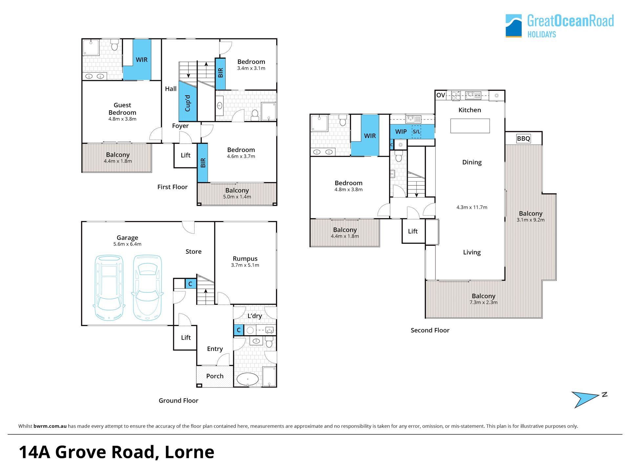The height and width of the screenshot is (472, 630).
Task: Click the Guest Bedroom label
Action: click(122, 109)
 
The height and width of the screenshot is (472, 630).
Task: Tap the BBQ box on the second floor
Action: click(523, 139)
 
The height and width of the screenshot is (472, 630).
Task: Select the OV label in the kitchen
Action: click(441, 95)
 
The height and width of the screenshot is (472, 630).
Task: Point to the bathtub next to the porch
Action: click(248, 379)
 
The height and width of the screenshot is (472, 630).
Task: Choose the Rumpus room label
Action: click(245, 259)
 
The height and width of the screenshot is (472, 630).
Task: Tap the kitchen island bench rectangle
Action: click(470, 126)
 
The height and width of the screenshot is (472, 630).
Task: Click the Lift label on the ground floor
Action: click(186, 338)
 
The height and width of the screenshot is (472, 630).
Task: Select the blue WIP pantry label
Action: click(401, 132)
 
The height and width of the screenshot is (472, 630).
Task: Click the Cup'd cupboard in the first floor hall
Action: click(188, 102)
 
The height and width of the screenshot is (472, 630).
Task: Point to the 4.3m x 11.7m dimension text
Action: click(472, 207)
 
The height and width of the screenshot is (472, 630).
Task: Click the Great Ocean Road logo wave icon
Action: click(514, 26)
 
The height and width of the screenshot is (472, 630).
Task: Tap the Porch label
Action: click(215, 376)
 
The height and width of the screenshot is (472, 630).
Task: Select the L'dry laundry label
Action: click(255, 316)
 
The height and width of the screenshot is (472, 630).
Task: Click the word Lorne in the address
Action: click(190, 452)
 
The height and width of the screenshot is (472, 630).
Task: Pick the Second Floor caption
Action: click(430, 330)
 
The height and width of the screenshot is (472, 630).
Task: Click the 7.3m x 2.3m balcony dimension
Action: click(483, 303)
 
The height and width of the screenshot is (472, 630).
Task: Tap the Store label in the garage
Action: click(194, 252)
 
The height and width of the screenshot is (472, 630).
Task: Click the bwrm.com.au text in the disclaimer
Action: click(50, 426)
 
